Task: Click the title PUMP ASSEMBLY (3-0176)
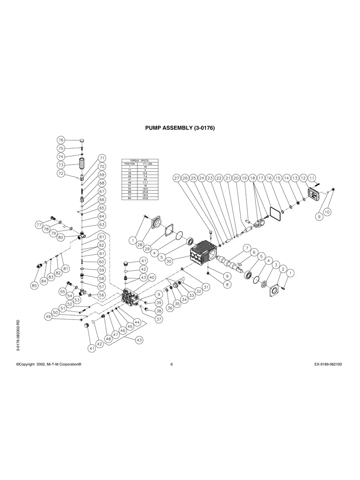[180, 128]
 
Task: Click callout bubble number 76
[61, 140]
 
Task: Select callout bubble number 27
[177, 178]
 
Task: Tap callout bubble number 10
[327, 212]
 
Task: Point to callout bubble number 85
[35, 285]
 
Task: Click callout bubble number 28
[140, 245]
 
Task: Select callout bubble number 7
[246, 248]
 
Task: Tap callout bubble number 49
[48, 317]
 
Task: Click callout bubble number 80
[61, 238]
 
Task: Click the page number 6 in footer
[171, 364]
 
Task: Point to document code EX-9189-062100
[325, 364]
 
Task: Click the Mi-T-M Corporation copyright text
[49, 364]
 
